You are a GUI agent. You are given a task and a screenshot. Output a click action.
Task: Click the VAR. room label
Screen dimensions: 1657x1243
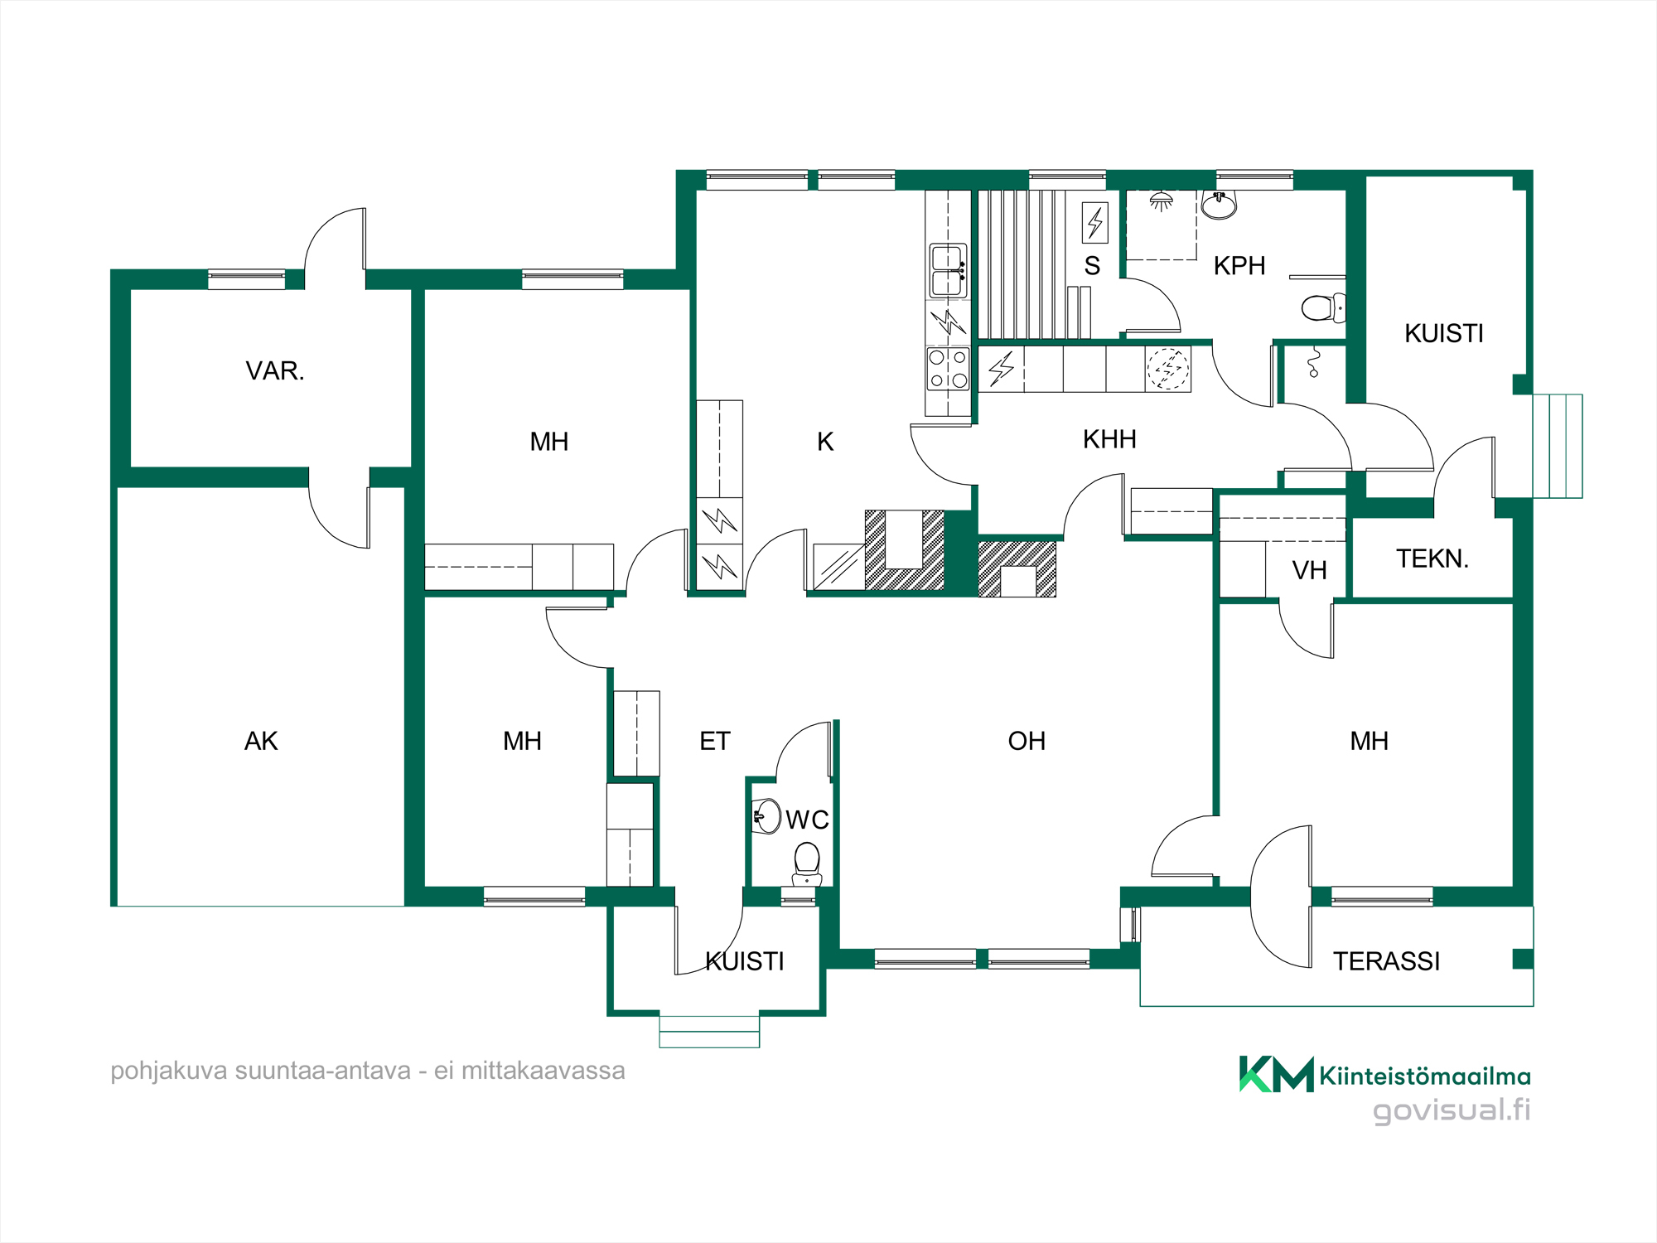click(x=275, y=370)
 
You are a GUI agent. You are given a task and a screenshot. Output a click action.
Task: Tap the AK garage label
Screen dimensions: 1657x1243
click(x=261, y=741)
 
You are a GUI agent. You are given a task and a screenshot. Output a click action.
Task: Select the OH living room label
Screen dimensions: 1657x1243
click(x=1027, y=741)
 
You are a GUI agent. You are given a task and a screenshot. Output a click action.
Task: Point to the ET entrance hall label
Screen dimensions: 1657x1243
click(x=715, y=741)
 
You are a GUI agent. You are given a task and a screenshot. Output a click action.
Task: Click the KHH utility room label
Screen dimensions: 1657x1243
click(x=1109, y=439)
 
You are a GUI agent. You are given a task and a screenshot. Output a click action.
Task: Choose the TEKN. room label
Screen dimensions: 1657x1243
click(x=1432, y=559)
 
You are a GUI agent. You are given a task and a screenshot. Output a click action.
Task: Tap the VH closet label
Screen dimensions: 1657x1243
click(x=1309, y=570)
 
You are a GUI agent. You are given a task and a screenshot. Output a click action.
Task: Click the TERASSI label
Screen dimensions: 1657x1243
click(x=1386, y=961)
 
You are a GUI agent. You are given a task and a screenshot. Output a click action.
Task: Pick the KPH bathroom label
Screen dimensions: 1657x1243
click(x=1239, y=266)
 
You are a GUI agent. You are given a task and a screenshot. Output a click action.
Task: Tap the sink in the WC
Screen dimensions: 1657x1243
click(x=766, y=816)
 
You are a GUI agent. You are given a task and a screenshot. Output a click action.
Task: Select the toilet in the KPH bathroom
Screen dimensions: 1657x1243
click(x=1323, y=308)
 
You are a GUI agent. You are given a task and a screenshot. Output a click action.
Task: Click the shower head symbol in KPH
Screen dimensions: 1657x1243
click(x=1161, y=201)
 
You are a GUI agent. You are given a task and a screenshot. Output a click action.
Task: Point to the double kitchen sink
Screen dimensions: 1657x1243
click(x=948, y=270)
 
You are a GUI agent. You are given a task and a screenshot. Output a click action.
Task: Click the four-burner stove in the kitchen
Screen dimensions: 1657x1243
click(x=948, y=369)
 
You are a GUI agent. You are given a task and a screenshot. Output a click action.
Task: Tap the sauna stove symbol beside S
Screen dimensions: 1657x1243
click(x=1095, y=223)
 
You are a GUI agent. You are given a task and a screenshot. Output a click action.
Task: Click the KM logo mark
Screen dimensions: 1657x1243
click(x=1276, y=1074)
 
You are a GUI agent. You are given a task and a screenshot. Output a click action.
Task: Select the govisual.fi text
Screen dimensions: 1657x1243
click(x=1452, y=1110)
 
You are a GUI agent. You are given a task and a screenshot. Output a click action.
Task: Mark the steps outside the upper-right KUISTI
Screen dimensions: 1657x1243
click(x=1558, y=446)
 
